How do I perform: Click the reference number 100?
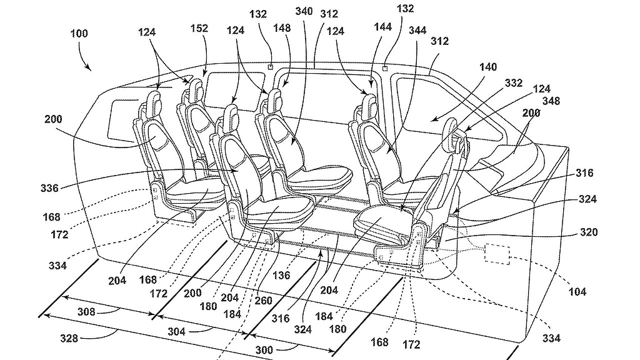coord(79,34)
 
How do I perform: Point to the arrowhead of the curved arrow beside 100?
coord(91,68)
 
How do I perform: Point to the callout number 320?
coord(588,232)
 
